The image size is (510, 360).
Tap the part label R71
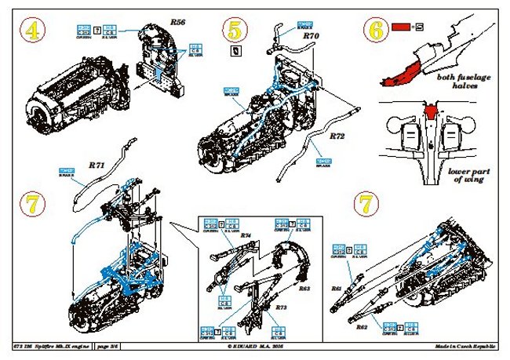(97, 165)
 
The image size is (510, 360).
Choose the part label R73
(280, 308)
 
